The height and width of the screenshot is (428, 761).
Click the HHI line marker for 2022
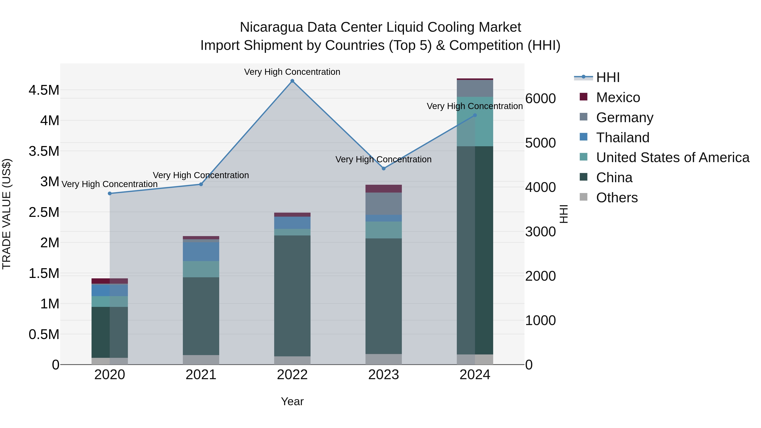click(x=292, y=81)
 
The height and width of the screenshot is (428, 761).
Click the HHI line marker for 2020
click(x=109, y=193)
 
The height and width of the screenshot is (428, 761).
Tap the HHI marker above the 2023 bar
click(x=383, y=169)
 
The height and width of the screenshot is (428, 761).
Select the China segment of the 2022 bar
click(x=292, y=295)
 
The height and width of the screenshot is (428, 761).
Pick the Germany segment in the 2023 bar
click(x=383, y=204)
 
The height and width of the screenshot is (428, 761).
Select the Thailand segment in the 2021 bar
click(x=201, y=252)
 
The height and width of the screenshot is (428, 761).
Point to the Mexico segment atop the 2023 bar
click(x=383, y=189)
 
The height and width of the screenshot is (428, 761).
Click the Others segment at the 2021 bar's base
click(x=201, y=360)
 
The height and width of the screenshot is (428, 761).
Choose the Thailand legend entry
click(x=623, y=138)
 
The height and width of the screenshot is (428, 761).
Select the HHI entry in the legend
click(x=608, y=77)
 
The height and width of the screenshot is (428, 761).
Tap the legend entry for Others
click(x=617, y=198)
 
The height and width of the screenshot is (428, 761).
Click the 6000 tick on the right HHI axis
click(x=540, y=99)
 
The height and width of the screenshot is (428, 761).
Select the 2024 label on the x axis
click(x=475, y=375)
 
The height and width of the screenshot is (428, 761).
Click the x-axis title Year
click(x=292, y=401)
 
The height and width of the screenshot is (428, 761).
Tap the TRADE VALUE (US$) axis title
click(x=7, y=214)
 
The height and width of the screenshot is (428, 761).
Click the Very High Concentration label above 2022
click(x=292, y=72)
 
